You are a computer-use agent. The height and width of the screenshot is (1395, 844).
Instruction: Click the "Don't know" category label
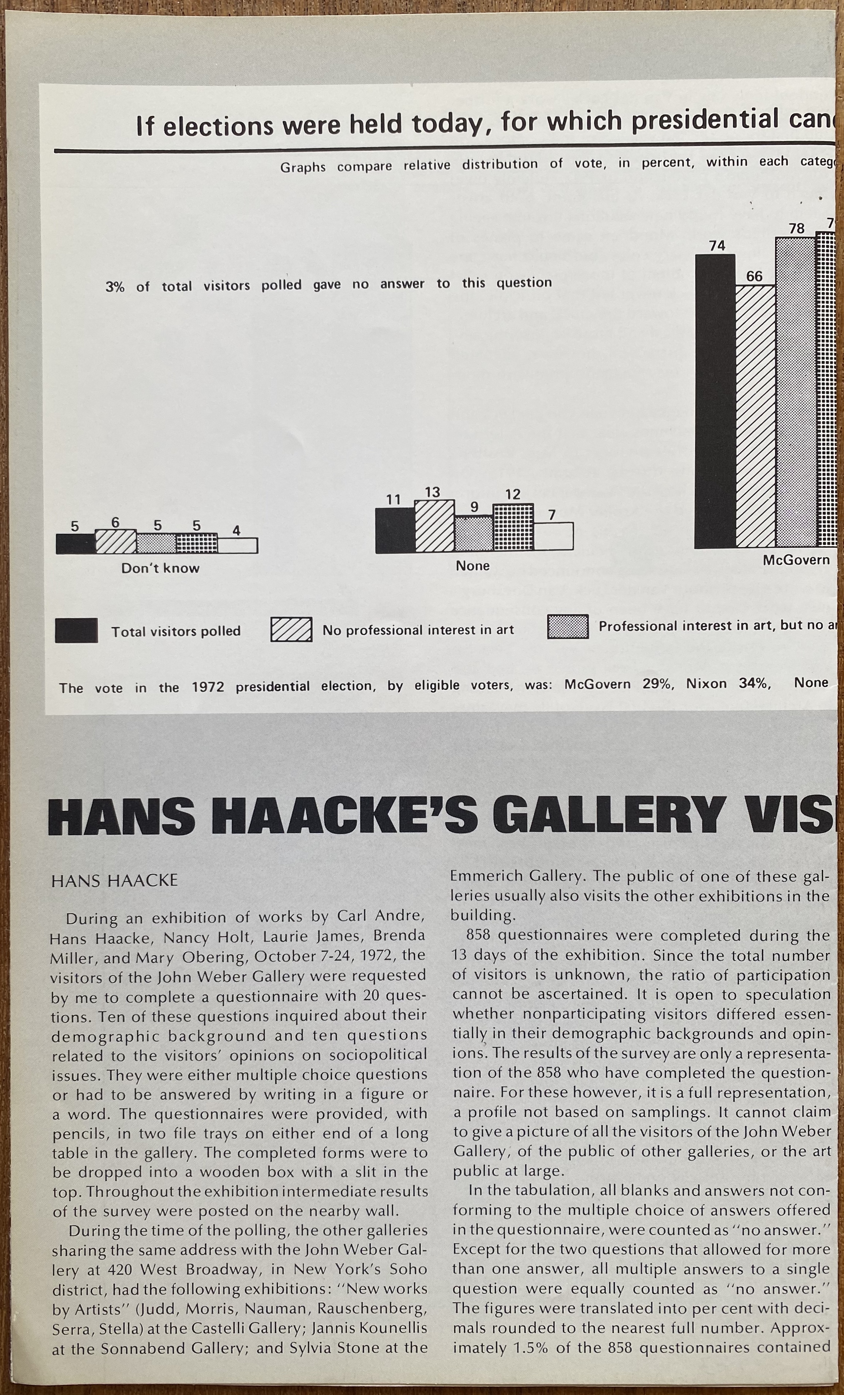(160, 568)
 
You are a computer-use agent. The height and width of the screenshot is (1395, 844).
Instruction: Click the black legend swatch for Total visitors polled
(76, 631)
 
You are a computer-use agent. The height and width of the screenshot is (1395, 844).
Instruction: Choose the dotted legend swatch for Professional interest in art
(567, 627)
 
